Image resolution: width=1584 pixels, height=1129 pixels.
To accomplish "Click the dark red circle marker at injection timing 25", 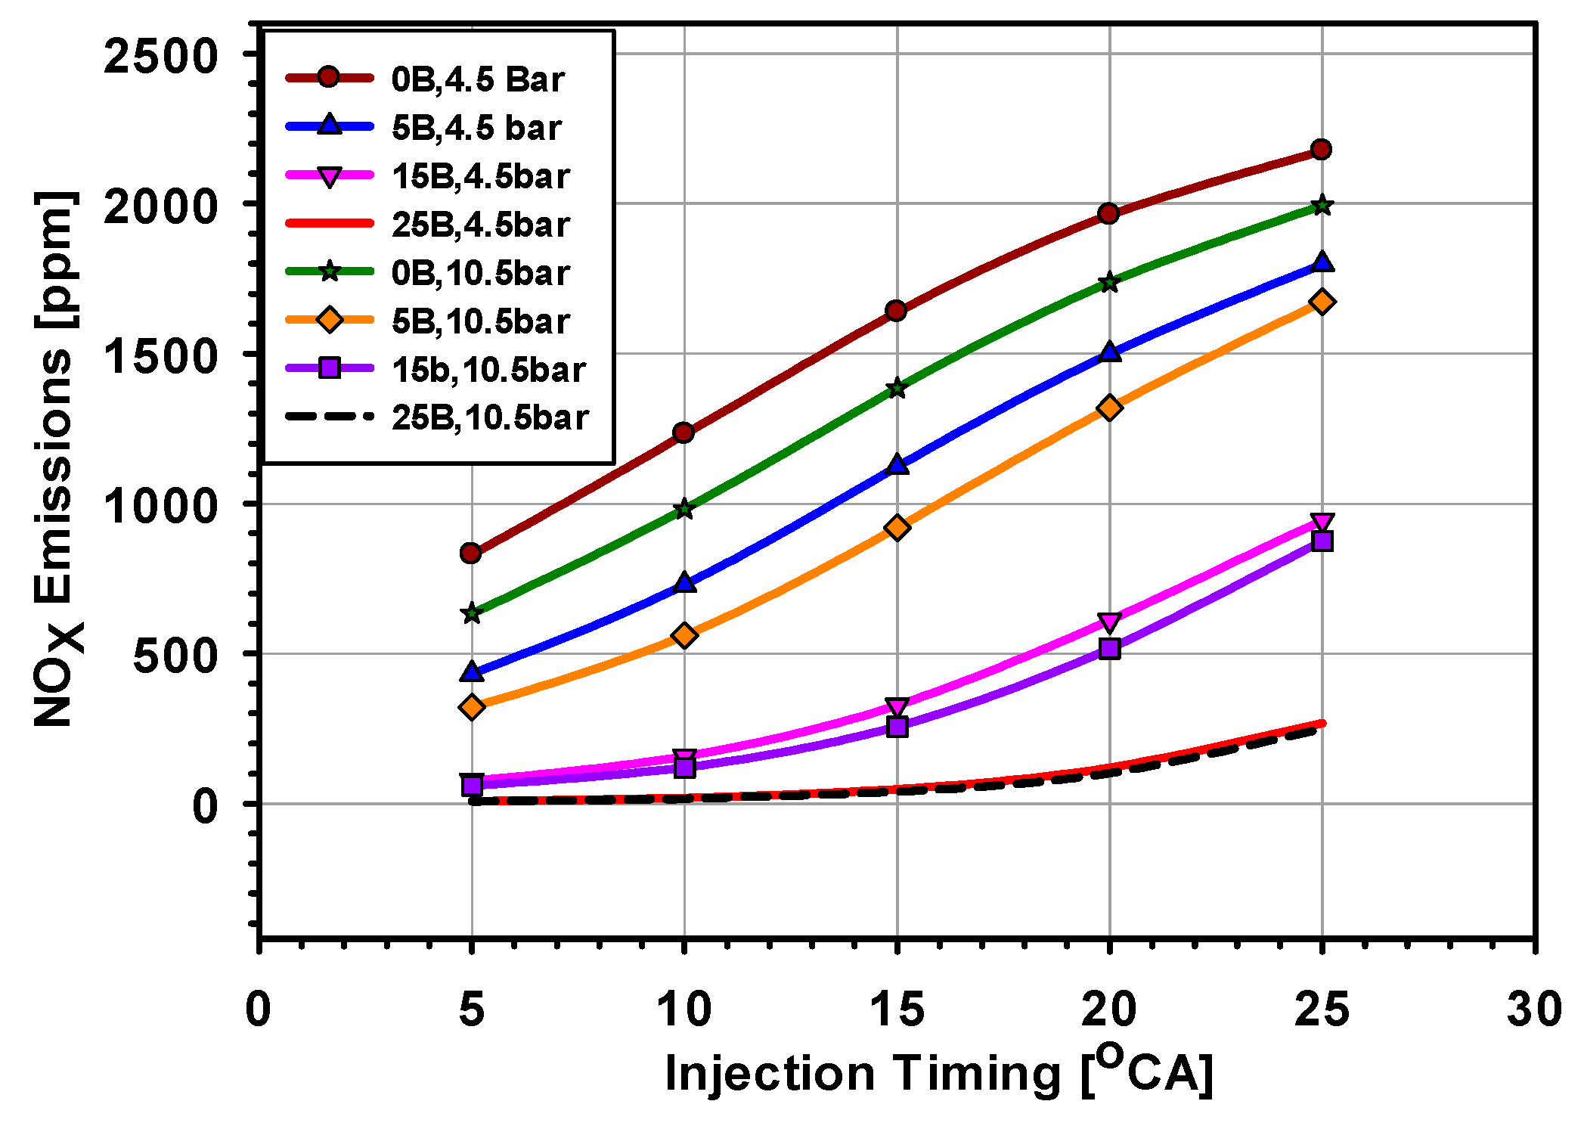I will (x=1321, y=149).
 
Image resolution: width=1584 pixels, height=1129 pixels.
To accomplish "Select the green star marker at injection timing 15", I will (x=897, y=389).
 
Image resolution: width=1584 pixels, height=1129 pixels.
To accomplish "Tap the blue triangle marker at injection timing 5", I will (x=471, y=672).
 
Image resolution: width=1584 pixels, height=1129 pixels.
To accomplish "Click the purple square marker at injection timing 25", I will (x=1322, y=541).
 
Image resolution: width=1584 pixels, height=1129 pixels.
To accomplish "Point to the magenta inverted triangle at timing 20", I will (x=1109, y=622).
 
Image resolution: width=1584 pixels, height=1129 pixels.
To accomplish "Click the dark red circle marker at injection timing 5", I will (x=470, y=554).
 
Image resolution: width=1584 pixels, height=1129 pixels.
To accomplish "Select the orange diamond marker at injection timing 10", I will (x=684, y=636).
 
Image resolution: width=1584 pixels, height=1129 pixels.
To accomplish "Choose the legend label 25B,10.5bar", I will (x=490, y=418).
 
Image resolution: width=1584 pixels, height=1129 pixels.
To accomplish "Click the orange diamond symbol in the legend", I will (x=330, y=321).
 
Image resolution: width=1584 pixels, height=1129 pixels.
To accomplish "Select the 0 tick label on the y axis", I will (x=205, y=806).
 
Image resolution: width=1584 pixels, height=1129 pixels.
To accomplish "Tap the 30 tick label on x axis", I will (x=1533, y=1010).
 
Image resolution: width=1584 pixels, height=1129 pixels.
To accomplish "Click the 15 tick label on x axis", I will (x=897, y=1010).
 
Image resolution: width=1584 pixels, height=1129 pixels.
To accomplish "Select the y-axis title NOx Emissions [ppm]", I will (x=57, y=459).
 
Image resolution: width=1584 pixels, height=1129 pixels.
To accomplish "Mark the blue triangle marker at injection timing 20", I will (x=1109, y=352).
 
